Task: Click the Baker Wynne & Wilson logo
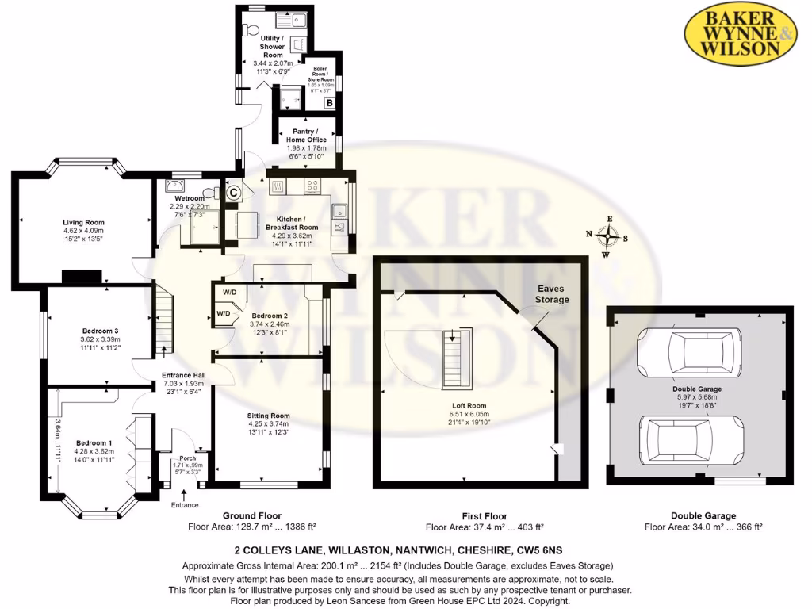click(x=741, y=33)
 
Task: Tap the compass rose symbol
click(x=608, y=236)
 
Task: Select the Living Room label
click(x=84, y=223)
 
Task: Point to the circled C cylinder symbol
click(x=233, y=191)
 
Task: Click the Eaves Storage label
click(x=552, y=294)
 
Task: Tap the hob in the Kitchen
click(x=313, y=188)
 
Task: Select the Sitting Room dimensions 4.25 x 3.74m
click(x=269, y=423)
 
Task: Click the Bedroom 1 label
click(x=94, y=442)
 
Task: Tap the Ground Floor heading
click(x=248, y=515)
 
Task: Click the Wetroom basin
click(x=174, y=186)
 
